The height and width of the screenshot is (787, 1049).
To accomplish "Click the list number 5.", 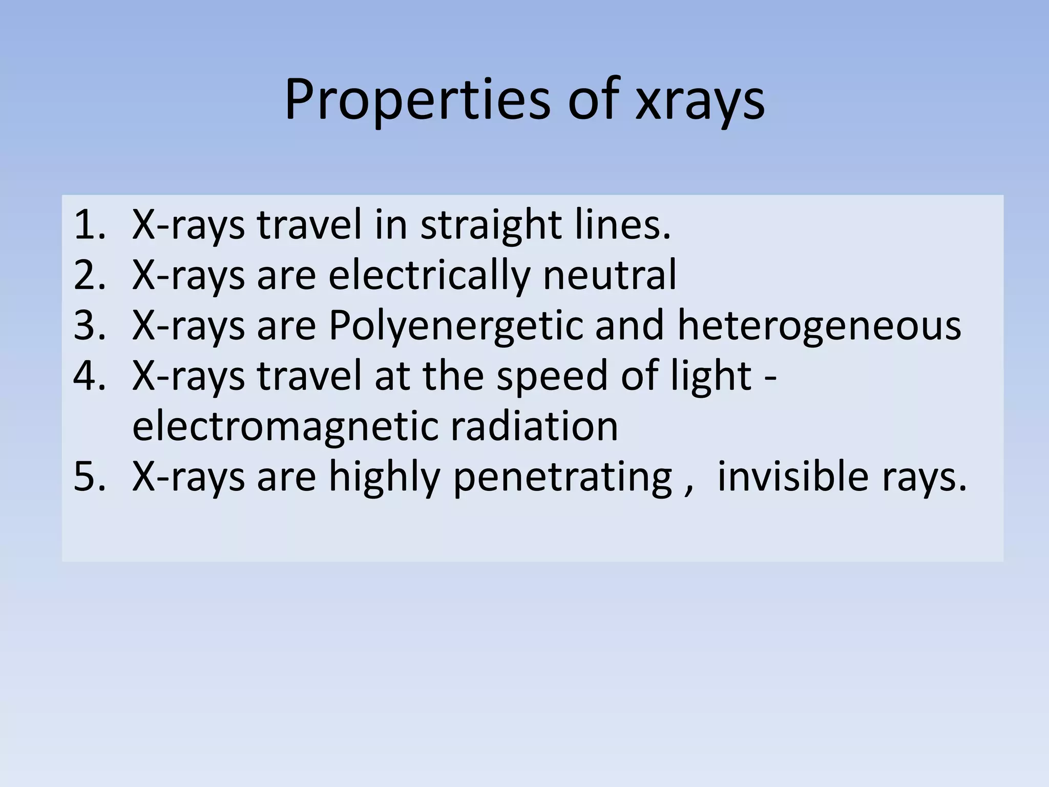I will click(89, 476).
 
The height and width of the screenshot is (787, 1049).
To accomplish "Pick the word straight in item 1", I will click(490, 225).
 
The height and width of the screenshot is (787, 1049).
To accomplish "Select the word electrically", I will click(429, 276).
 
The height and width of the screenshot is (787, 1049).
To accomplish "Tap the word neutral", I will click(610, 275).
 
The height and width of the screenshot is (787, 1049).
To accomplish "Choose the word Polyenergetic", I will click(455, 326).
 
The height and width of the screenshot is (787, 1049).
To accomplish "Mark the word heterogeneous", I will click(819, 326).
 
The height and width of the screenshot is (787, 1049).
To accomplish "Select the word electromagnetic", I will click(284, 427).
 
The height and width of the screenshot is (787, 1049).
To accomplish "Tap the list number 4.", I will click(89, 376).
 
